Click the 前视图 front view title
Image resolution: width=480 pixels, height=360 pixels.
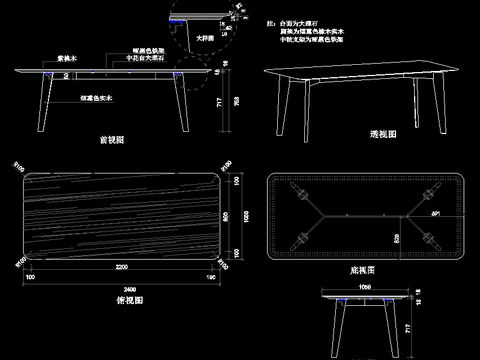(x=112, y=141)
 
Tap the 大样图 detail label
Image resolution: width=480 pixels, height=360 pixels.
(x=205, y=38)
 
